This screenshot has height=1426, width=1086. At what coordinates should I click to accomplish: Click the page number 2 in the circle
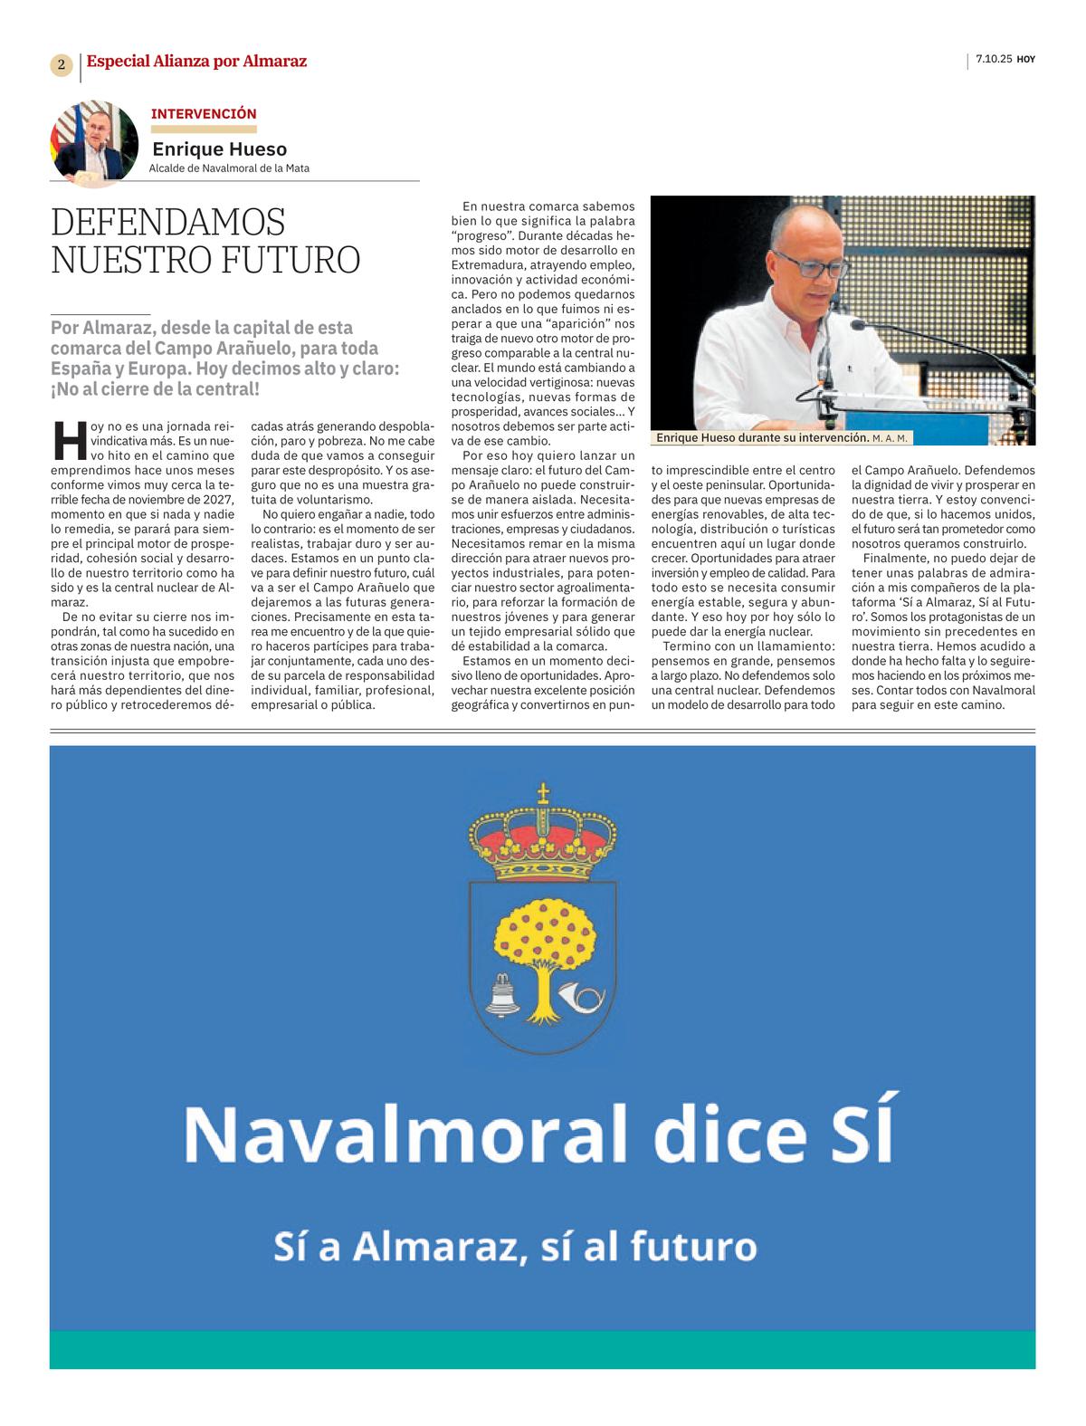[x=61, y=64]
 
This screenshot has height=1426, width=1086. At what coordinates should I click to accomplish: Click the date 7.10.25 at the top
[x=994, y=60]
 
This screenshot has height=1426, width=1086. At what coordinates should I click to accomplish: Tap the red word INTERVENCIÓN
[x=204, y=114]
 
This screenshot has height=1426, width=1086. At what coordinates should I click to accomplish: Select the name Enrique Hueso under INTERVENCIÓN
[x=219, y=149]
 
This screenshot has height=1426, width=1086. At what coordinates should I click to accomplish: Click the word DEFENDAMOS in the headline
[x=168, y=222]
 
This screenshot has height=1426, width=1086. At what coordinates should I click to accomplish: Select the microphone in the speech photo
[x=824, y=367]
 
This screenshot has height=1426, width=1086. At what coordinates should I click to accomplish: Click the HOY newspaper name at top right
[x=1025, y=60]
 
